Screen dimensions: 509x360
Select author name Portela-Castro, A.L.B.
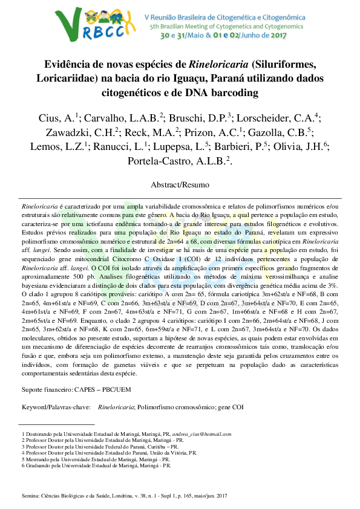click(x=178, y=161)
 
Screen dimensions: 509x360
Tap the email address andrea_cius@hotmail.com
click(x=201, y=433)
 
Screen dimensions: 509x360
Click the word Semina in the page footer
click(x=30, y=496)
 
